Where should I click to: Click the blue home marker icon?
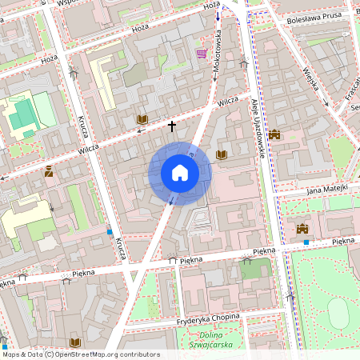click(180, 174)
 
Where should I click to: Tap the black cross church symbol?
click(171, 126)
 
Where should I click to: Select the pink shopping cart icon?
click(202, 54)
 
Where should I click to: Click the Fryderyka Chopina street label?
click(208, 318)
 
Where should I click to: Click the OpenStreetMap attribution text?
click(80, 354)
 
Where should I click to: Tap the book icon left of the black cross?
click(142, 119)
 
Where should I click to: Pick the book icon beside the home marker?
click(222, 154)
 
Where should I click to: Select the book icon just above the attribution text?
click(75, 342)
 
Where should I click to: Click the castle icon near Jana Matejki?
click(302, 229)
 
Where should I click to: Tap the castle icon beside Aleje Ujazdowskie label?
click(274, 134)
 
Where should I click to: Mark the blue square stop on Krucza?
click(110, 231)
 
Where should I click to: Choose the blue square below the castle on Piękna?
click(306, 242)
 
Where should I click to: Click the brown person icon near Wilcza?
click(49, 170)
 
